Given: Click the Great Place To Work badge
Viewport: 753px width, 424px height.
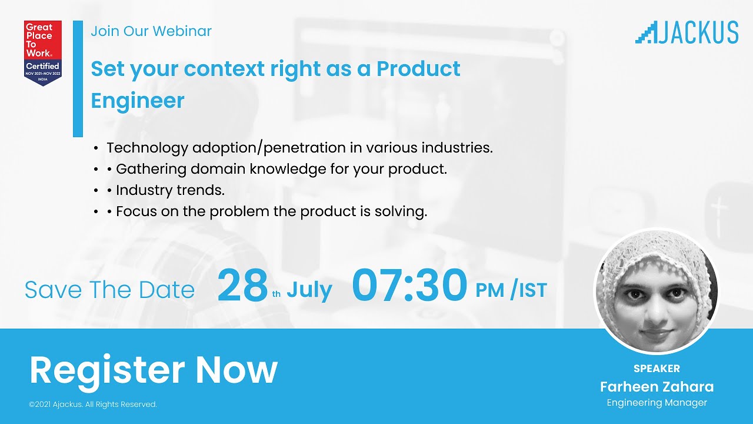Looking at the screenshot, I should [42, 53].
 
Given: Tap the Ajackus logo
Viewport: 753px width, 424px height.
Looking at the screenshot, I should [687, 32].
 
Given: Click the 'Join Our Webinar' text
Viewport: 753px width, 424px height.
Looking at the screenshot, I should [151, 31].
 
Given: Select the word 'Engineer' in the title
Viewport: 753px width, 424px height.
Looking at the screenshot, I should [137, 101].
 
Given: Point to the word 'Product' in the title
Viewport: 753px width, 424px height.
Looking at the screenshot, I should [418, 69].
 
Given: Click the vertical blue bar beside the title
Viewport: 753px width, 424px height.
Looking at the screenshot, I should [78, 78].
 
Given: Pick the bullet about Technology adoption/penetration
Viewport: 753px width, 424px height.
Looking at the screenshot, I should [299, 148].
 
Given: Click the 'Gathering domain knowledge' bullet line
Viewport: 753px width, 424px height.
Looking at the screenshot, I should [281, 170].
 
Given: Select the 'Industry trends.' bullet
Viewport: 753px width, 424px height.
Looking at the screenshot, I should [169, 191].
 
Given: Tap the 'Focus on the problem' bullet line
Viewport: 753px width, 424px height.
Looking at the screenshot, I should [271, 212].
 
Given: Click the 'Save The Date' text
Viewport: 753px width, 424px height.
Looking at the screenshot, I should [109, 290].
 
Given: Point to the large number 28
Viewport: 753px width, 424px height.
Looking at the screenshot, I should [242, 286].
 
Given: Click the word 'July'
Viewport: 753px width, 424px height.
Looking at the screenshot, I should [309, 290].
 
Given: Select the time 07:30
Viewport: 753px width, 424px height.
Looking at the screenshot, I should [409, 286].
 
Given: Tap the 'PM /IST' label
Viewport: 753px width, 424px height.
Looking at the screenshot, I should [511, 290].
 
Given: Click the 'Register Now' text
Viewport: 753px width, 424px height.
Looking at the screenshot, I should [153, 370].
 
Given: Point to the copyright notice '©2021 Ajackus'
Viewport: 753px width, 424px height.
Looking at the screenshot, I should [93, 405].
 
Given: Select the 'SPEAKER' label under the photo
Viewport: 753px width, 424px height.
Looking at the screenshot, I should [657, 369].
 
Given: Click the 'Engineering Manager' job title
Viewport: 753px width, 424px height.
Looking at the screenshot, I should [657, 403].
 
